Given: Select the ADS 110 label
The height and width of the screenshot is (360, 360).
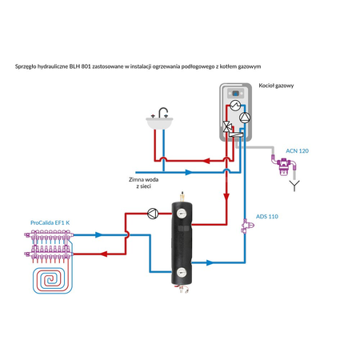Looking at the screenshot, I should pos(266,217).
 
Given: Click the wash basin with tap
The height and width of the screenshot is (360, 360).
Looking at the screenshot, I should pos(161,122).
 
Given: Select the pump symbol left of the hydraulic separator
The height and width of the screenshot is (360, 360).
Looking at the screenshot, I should pos(152,213).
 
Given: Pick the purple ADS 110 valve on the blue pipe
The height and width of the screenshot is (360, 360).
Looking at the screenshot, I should pos(244,228).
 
